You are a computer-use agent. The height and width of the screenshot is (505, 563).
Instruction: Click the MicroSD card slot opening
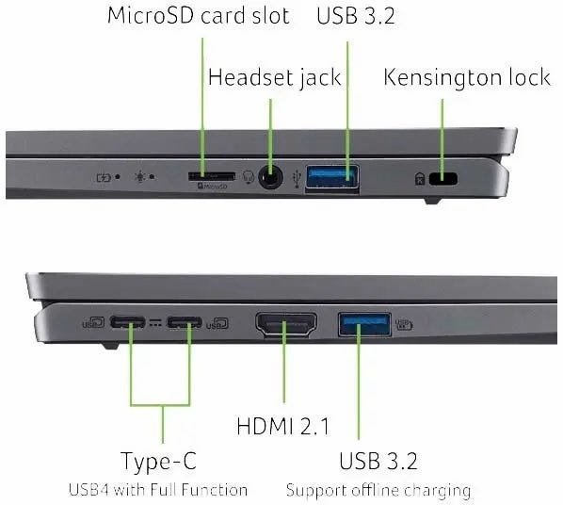[x=212, y=176]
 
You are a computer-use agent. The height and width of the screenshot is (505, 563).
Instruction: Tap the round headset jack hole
[x=270, y=177]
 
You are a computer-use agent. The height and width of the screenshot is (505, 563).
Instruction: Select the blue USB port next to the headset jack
[x=332, y=177]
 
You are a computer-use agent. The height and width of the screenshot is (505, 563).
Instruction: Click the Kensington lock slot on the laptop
[x=443, y=178]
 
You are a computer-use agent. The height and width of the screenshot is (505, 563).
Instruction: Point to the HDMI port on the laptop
[x=286, y=324]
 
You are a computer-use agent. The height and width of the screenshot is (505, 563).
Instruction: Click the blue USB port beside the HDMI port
[x=364, y=324]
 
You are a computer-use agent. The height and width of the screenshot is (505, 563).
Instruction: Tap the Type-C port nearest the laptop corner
[x=127, y=321]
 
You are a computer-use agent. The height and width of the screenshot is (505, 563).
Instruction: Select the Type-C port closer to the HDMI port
[x=185, y=322]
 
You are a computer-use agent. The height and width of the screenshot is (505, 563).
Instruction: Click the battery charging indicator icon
[x=104, y=177]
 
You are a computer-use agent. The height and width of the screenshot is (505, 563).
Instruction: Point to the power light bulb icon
[x=140, y=177]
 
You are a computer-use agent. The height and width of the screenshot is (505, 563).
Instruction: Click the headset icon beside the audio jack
[x=249, y=176]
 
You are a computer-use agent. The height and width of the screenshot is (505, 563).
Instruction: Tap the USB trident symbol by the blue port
[x=297, y=178]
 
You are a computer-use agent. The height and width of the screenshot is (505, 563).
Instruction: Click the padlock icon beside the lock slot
[x=420, y=179]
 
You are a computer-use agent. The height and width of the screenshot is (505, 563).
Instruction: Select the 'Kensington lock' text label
[x=467, y=77]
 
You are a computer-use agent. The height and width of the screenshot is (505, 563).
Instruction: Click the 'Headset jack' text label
[x=275, y=77]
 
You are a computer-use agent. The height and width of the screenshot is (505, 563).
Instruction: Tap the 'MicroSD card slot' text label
[x=199, y=16]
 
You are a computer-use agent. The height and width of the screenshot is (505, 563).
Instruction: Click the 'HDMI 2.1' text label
[x=282, y=426]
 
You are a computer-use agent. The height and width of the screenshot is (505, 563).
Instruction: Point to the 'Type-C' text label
[x=159, y=461]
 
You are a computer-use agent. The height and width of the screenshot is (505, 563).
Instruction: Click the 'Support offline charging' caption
[x=378, y=491]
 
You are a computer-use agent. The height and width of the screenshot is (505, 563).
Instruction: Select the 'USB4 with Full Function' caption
[x=158, y=490]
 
